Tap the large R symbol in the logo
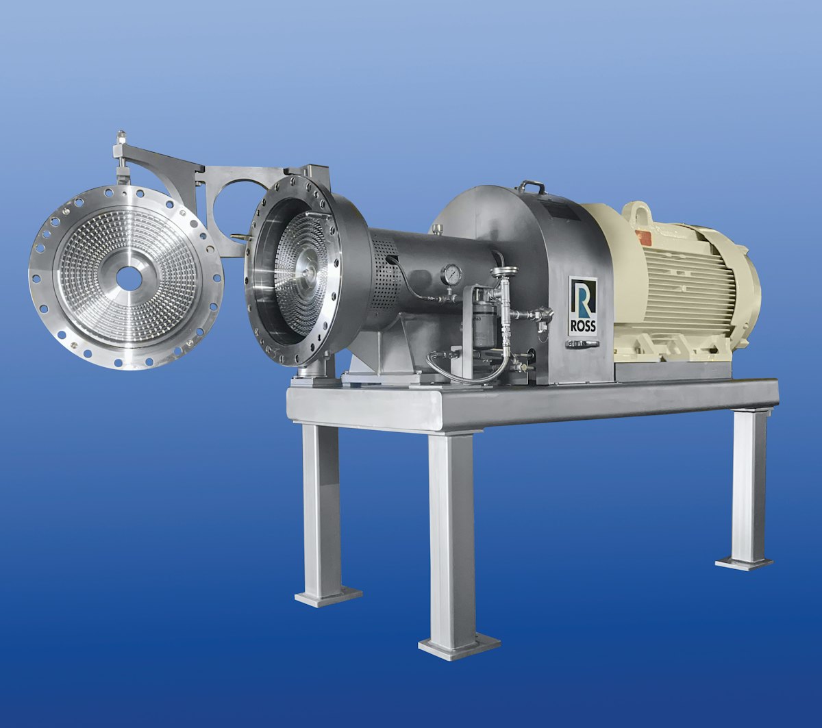click(x=583, y=300)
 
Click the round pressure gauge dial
click(x=451, y=274)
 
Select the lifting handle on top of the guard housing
click(x=532, y=186)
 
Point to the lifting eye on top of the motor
click(x=636, y=210)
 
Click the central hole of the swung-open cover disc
click(x=128, y=277)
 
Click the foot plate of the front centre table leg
click(x=458, y=645)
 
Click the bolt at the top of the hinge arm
click(x=121, y=136)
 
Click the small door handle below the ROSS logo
click(x=582, y=344)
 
